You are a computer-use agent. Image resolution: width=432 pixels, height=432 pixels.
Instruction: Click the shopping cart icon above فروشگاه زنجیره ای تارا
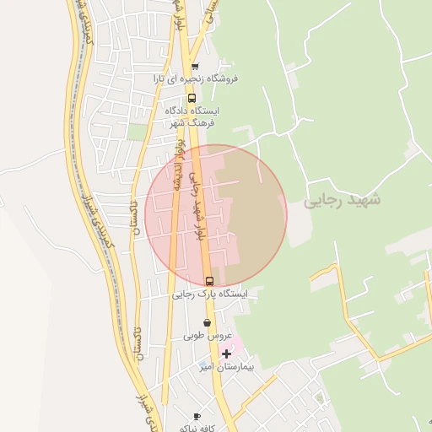pos(195,67)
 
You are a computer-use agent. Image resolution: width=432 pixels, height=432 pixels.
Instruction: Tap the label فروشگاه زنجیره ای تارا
pos(196,78)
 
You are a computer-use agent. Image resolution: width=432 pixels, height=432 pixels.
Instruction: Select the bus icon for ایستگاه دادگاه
pos(192,96)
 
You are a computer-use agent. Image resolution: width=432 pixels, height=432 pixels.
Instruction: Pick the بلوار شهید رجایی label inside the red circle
pos(199,207)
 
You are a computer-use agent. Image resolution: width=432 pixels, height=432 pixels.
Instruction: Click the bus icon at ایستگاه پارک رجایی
pos(209,281)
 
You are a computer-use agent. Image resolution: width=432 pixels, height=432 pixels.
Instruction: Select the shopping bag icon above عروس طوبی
pos(207,323)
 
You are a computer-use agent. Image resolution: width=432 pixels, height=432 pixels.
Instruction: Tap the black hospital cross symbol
pos(225,354)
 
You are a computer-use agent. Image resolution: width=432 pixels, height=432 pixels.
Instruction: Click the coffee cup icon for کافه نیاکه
pos(197,417)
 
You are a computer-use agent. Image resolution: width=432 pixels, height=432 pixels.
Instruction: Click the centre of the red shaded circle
pos(216,216)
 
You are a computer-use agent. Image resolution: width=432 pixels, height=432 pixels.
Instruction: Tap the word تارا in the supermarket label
pos(161,78)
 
